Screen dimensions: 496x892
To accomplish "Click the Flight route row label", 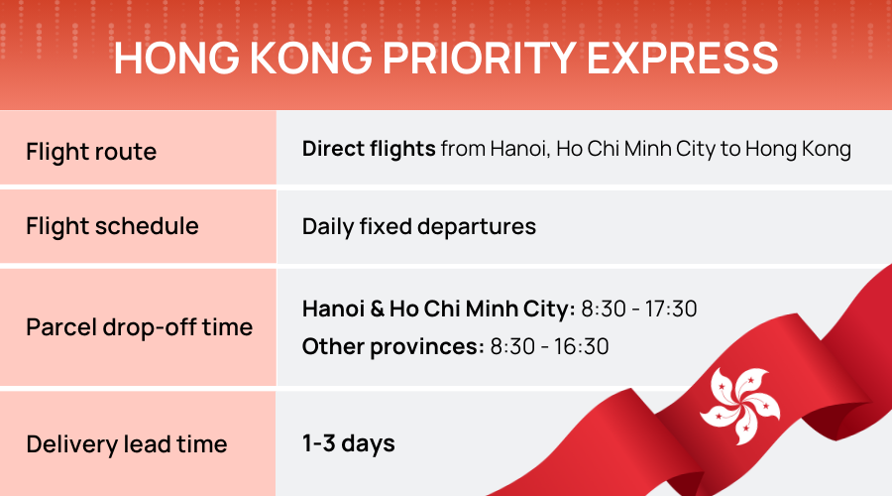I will click(91, 152).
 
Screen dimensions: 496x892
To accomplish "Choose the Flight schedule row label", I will click(112, 226).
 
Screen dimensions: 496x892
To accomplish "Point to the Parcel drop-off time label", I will click(139, 327).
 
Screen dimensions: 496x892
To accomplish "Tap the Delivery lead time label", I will click(126, 443).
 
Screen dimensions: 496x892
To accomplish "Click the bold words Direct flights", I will click(369, 150).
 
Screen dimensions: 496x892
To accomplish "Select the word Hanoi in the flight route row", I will click(517, 150).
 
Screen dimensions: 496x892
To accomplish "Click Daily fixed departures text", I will click(418, 226).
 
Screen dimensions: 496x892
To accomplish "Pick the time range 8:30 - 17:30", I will click(639, 310).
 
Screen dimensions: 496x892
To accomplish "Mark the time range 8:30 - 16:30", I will click(549, 346).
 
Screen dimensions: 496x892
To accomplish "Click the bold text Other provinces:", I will click(392, 346).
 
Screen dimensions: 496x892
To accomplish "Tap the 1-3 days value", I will click(348, 443).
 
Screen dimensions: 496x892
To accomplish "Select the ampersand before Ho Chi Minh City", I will click(375, 310).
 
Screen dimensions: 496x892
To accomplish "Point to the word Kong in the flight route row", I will click(828, 150).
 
